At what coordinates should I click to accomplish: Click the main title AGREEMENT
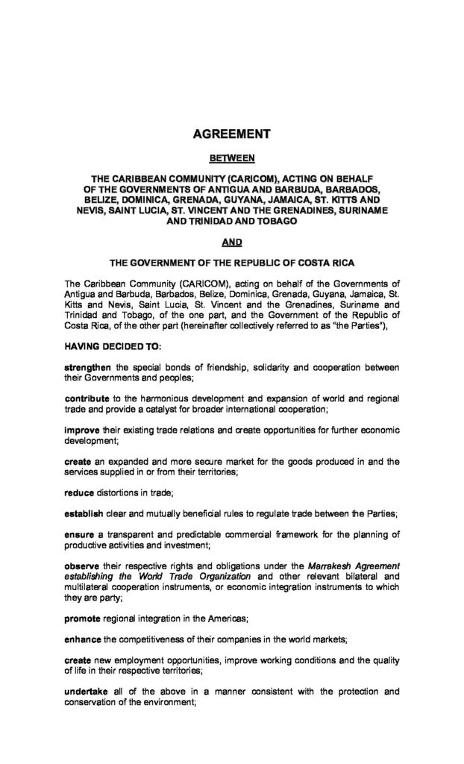231,135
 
